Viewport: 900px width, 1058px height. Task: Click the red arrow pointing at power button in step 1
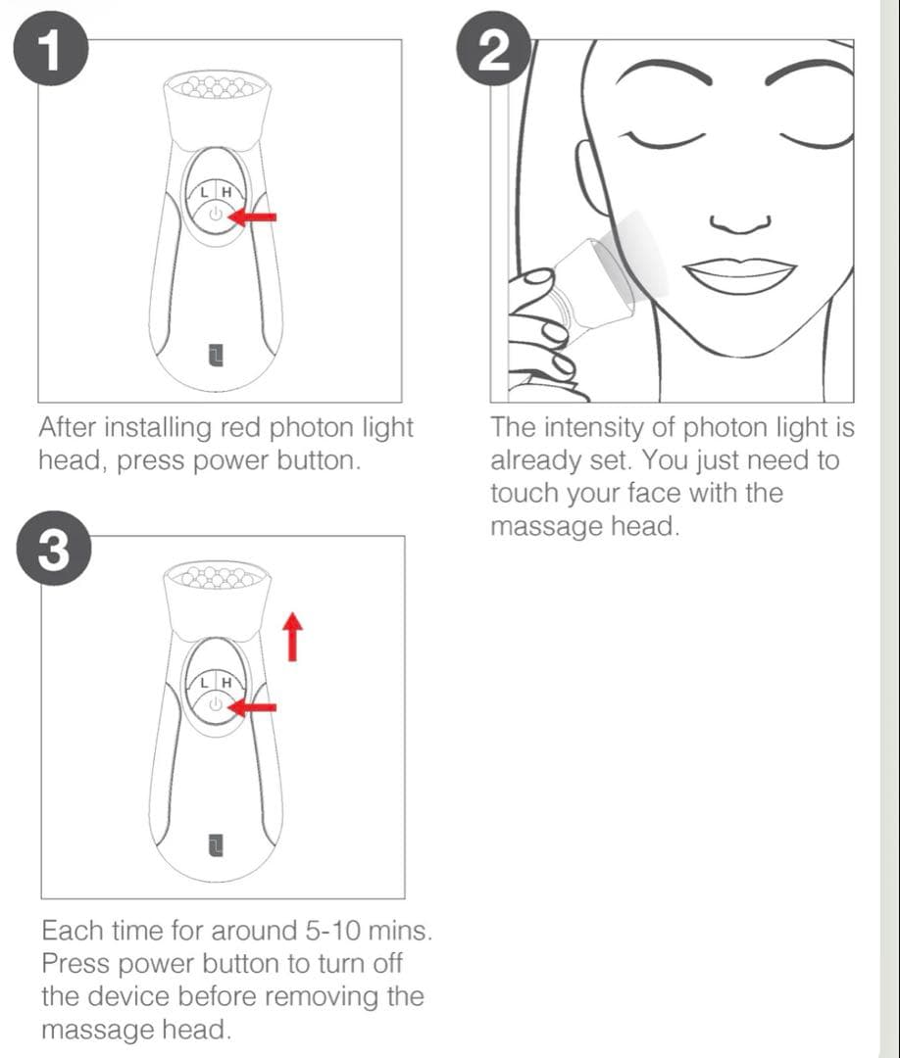pos(257,218)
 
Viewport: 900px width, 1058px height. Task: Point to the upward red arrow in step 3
pos(291,635)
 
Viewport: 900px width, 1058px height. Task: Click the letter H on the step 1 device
pos(226,192)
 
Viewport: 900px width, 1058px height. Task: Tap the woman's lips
pos(740,274)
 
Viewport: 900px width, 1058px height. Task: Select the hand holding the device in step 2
pos(539,323)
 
